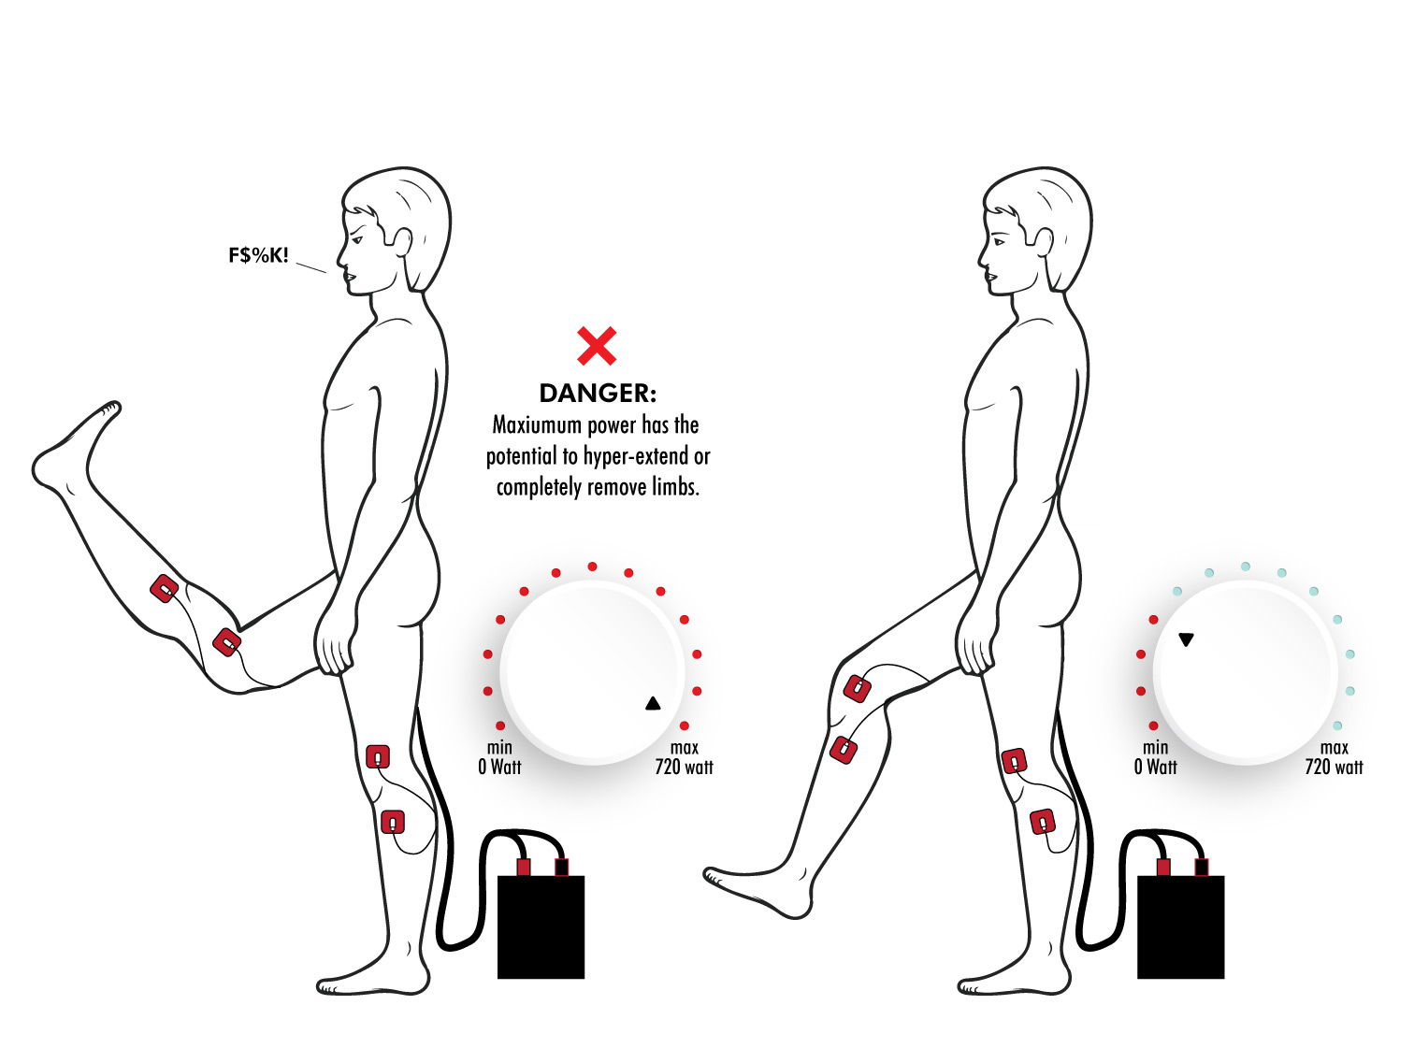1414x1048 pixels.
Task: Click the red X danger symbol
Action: pyautogui.click(x=597, y=346)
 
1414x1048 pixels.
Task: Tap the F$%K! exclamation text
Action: pyautogui.click(x=259, y=255)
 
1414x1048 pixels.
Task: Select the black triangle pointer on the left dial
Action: pyautogui.click(x=653, y=704)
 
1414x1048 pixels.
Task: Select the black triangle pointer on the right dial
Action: pyautogui.click(x=1186, y=639)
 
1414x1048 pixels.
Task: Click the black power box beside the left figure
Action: pyautogui.click(x=541, y=926)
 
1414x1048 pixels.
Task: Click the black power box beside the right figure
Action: pyautogui.click(x=1180, y=926)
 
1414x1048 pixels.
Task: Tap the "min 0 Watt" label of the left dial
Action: pyautogui.click(x=499, y=757)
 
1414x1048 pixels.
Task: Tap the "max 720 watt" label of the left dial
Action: pyautogui.click(x=684, y=757)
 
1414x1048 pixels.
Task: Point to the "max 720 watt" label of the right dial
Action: pyautogui.click(x=1334, y=757)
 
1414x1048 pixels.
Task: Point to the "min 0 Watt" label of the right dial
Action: pyautogui.click(x=1155, y=757)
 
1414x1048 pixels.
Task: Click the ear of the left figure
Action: pyautogui.click(x=403, y=241)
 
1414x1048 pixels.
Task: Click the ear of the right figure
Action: pyautogui.click(x=1044, y=241)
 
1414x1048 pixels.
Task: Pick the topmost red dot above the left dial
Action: pyautogui.click(x=592, y=567)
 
